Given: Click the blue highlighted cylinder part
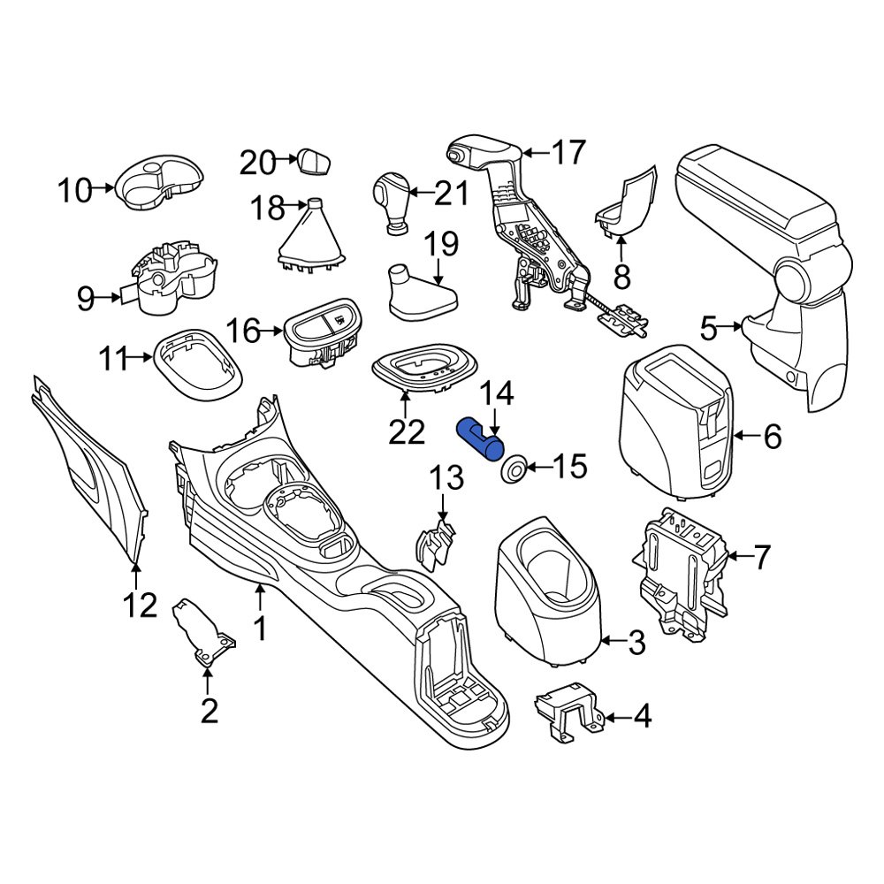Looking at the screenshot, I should (x=478, y=438).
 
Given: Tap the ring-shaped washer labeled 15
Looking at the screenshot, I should (x=513, y=469).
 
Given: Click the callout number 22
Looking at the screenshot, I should (x=406, y=432).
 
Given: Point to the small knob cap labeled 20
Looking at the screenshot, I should (x=313, y=162).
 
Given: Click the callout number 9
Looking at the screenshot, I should (x=85, y=299).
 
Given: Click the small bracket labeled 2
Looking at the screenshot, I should (x=205, y=629).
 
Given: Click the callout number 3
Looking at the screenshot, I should (x=636, y=644).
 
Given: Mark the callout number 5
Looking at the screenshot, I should (x=709, y=329).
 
